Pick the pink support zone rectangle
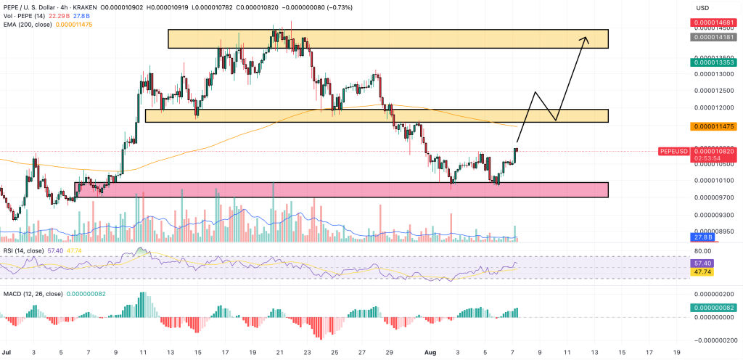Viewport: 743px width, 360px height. [x=341, y=189]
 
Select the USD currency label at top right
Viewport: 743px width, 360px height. [x=702, y=8]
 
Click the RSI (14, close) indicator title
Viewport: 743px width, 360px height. [x=25, y=250]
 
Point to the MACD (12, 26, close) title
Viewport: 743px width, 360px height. [x=33, y=293]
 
